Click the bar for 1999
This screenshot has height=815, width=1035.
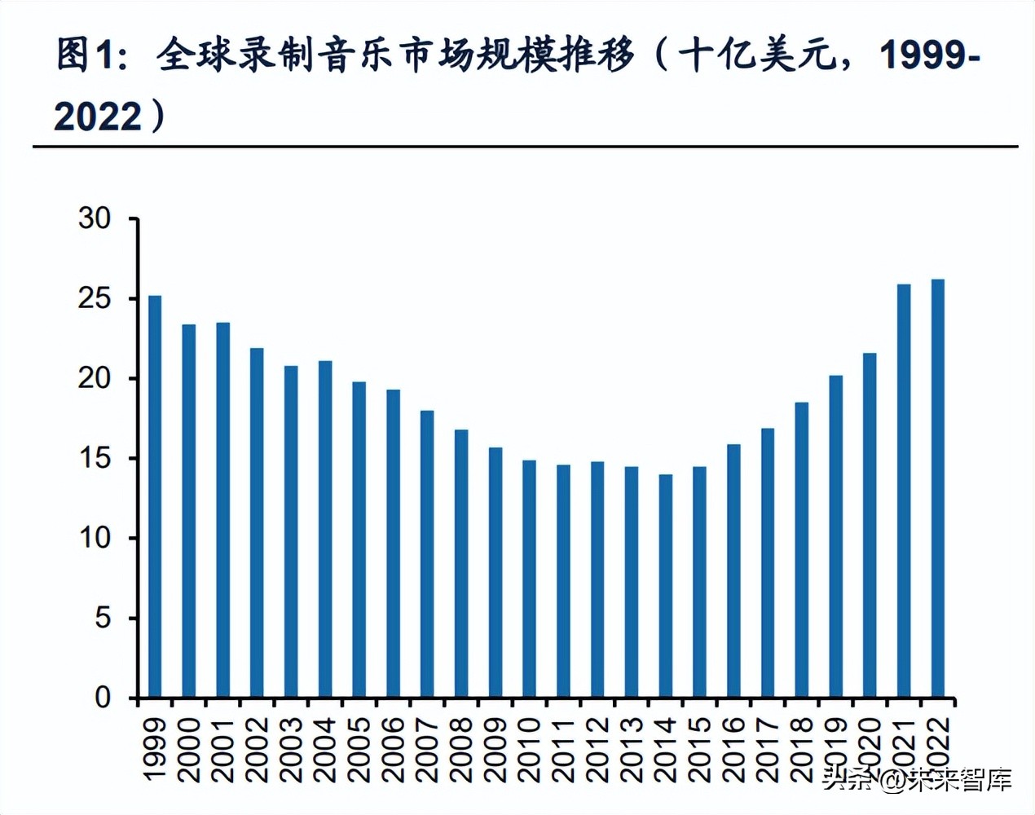pos(155,496)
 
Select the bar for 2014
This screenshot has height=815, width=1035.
pos(665,586)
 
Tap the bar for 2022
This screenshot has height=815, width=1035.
pos(938,488)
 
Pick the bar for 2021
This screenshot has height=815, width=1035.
pos(904,491)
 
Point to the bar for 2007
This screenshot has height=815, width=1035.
pos(427,554)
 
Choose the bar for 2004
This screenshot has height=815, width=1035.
pos(325,529)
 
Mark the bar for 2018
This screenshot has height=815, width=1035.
pos(802,550)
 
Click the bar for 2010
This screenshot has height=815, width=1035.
pos(529,579)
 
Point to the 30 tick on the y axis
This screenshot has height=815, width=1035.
pos(95,218)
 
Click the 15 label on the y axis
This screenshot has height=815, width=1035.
pos(95,458)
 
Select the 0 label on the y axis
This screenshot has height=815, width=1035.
pos(103,698)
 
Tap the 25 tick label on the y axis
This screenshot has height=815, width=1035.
pos(95,298)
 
